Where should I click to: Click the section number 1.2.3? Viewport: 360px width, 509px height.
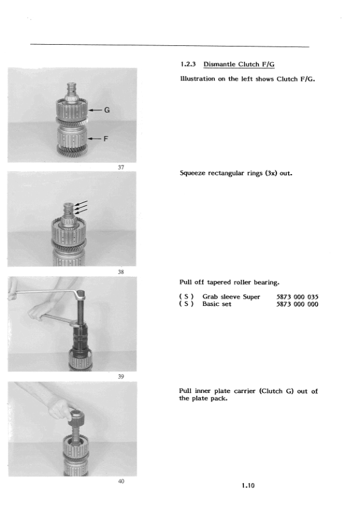click(188, 64)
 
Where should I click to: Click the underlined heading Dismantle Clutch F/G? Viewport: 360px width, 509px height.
click(239, 64)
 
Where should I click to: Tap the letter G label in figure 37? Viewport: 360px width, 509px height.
click(107, 110)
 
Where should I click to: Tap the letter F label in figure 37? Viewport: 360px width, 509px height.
click(105, 138)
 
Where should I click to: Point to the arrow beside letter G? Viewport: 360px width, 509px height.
click(95, 111)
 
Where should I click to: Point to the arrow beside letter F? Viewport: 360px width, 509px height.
click(94, 138)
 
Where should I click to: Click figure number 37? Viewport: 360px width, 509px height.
click(121, 167)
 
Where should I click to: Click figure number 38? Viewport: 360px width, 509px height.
click(121, 271)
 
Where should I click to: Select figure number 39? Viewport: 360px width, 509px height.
click(121, 376)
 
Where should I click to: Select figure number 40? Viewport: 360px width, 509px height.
click(121, 481)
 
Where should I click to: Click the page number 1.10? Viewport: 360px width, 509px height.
click(248, 485)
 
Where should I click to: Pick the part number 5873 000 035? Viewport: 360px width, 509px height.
click(297, 297)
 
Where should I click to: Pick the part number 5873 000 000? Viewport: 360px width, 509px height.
click(297, 304)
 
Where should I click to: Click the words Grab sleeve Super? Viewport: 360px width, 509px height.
click(231, 297)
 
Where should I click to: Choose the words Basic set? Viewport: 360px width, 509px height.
click(217, 304)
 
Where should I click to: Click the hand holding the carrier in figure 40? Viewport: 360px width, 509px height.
click(62, 409)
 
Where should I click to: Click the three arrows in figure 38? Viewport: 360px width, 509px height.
click(81, 207)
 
